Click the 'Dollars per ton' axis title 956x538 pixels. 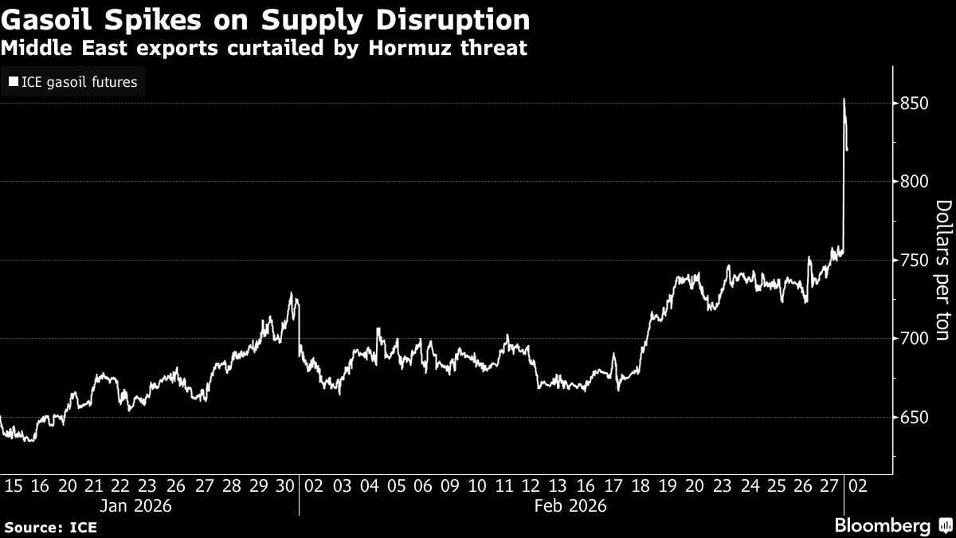click(942, 271)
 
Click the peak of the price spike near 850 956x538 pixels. click(844, 100)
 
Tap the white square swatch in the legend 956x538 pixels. click(13, 81)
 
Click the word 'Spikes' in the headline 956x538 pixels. click(131, 20)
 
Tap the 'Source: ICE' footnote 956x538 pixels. click(46, 527)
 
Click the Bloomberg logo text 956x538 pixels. click(881, 526)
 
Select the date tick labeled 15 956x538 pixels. click(14, 485)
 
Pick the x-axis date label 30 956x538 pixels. click(284, 485)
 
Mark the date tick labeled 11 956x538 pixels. click(503, 485)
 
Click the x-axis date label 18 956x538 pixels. click(639, 485)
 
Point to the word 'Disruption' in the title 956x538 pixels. click(451, 20)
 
